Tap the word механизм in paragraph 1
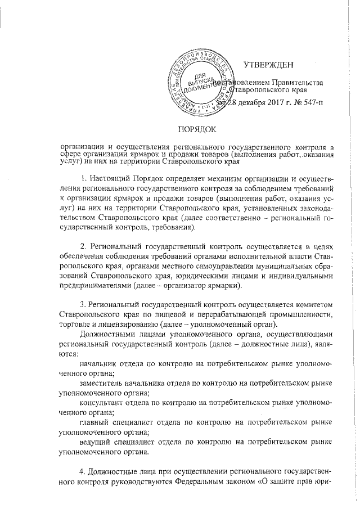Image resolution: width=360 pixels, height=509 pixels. pyautogui.click(x=218, y=179)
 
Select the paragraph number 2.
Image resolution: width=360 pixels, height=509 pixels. pyautogui.click(x=83, y=247)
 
